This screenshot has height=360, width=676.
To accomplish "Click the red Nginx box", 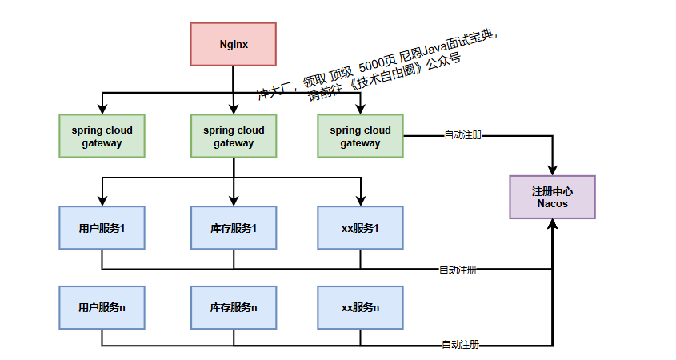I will pos(233,44).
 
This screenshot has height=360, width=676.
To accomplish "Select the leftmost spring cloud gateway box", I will pos(102,136).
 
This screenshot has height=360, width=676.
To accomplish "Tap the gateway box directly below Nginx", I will pos(233,136).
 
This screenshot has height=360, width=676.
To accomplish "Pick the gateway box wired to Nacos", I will pos(360,136).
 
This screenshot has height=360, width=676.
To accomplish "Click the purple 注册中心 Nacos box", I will pos(552,197).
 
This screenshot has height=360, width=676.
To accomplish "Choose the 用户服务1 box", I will pos(102,228).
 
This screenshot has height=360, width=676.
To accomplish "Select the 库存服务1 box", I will pos(233,228).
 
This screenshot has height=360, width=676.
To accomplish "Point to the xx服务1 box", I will pos(360,228).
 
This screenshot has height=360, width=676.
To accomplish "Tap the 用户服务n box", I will pos(102,307).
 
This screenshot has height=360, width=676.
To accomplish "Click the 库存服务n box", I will pos(233,307).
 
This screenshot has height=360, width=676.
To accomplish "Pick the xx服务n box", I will pos(360,307).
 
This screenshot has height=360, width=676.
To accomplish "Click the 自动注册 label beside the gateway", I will pos(463,135).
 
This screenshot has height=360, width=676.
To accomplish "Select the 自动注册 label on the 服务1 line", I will pos(458,270).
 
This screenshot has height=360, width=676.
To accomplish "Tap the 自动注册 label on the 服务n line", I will pos(461,345).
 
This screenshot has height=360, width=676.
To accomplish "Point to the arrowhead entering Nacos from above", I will pos(552,170).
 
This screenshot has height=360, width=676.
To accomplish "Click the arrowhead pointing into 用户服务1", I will pos(102,201).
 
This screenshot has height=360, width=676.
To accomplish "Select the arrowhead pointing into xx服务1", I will pos(360,201).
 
